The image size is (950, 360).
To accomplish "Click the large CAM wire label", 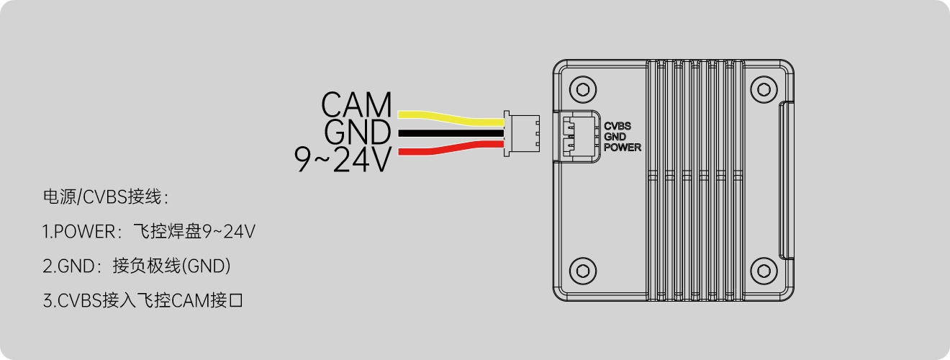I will (356, 105).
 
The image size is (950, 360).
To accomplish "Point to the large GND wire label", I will (357, 132).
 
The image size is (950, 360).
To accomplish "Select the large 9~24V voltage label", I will (344, 160).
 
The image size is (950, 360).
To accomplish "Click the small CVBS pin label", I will (617, 125).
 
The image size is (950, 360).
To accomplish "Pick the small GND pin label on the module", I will (615, 136).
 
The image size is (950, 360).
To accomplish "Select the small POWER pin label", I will (622, 148).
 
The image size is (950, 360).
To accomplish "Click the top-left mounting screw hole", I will (582, 89).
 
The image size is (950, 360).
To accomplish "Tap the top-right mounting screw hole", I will (764, 89).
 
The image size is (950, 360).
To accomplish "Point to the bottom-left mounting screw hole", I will (582, 271).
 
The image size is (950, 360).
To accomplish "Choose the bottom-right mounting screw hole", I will (764, 271).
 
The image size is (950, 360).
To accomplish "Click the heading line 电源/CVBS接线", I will (106, 197).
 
